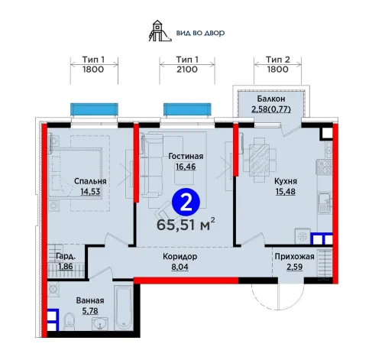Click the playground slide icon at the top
tap(160, 31)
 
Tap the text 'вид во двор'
tap(200, 33)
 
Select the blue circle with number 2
tap(186, 202)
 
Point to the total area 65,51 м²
tap(186, 224)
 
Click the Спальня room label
tap(90, 181)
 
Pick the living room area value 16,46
tap(186, 167)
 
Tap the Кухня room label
tap(286, 181)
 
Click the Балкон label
tap(271, 99)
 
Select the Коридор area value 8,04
tap(180, 267)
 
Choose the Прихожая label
tap(294, 256)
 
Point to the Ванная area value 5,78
tap(90, 311)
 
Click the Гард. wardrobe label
tap(66, 256)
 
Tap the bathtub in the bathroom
tap(124, 308)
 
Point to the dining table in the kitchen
tap(259, 161)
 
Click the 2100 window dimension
tap(187, 70)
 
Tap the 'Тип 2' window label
tap(278, 60)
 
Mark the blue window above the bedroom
tap(94, 109)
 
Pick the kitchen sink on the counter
tap(325, 203)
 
